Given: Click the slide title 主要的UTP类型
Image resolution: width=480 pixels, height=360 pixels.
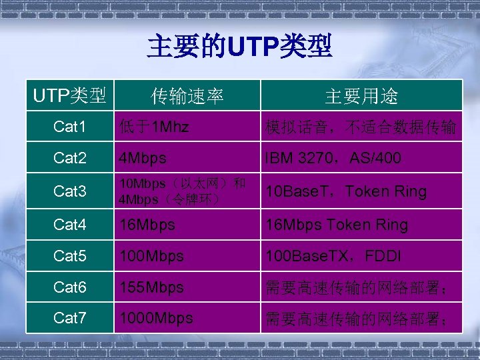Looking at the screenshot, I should [x=239, y=47].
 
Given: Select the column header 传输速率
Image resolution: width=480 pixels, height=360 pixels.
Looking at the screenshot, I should [x=187, y=97].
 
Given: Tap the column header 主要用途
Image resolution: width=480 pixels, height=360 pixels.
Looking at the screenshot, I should [x=361, y=97].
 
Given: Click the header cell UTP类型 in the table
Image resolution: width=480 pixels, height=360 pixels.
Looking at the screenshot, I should [x=69, y=96].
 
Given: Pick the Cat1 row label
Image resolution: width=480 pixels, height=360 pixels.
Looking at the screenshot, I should [x=69, y=127].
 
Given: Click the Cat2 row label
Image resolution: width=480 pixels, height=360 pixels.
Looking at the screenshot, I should [x=69, y=158].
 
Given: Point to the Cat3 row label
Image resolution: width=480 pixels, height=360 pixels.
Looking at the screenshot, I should [x=69, y=191].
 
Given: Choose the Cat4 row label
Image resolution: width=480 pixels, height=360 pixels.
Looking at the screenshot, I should [x=69, y=225].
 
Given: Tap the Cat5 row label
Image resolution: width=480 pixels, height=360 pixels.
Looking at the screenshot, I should [x=69, y=256].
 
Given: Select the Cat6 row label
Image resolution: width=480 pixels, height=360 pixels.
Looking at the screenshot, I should [x=69, y=287].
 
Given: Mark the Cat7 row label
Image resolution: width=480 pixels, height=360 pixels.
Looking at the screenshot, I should [x=69, y=318].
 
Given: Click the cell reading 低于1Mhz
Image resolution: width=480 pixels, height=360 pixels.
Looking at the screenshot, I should [x=153, y=127].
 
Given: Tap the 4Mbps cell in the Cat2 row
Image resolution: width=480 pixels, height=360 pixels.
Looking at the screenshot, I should [x=143, y=159].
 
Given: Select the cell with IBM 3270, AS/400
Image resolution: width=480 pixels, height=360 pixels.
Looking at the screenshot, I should [x=333, y=158].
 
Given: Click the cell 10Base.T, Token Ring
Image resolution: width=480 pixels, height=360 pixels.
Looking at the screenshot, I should [x=345, y=191].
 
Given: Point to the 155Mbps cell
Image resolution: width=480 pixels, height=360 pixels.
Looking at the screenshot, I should [x=151, y=287].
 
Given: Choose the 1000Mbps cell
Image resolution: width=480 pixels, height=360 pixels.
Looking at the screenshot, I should [x=156, y=318].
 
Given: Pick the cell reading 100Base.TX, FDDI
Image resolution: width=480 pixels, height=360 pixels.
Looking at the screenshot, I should [x=333, y=256].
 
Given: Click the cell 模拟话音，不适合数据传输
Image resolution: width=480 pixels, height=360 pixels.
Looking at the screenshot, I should [x=360, y=127].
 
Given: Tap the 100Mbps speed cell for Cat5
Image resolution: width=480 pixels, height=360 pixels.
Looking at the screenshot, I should [x=151, y=256].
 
